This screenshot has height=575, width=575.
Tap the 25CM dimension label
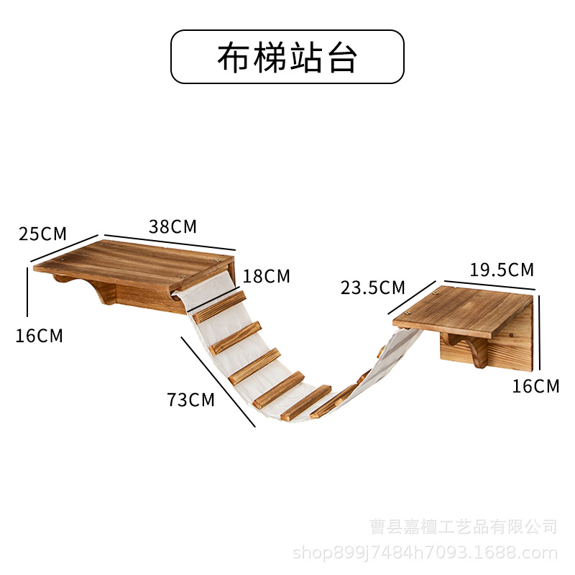coord(42,234)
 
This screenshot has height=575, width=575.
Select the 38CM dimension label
coord(172,226)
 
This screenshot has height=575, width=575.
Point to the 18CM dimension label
coord(267,276)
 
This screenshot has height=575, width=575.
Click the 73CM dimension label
coord(191,400)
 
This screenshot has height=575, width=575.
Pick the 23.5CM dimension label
coord(373,288)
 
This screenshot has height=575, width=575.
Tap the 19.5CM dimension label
coord(502,270)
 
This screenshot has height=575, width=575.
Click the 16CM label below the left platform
coord(40,335)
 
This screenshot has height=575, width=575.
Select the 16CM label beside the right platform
coord(535,386)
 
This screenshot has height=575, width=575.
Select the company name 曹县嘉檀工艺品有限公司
coord(464,527)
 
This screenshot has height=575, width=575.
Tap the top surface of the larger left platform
coord(137,259)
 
